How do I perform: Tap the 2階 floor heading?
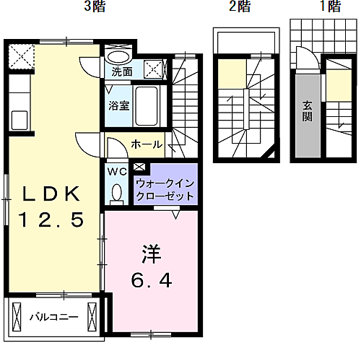tap(240, 8)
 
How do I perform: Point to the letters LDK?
tap(53, 193)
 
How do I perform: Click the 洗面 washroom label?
tap(122, 72)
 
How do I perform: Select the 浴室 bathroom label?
tap(119, 105)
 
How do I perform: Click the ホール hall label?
tap(146, 145)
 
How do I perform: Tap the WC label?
tap(117, 172)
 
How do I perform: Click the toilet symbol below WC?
tap(118, 193)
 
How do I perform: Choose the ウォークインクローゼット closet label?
tap(165, 189)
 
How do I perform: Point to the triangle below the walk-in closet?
tap(176, 213)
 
